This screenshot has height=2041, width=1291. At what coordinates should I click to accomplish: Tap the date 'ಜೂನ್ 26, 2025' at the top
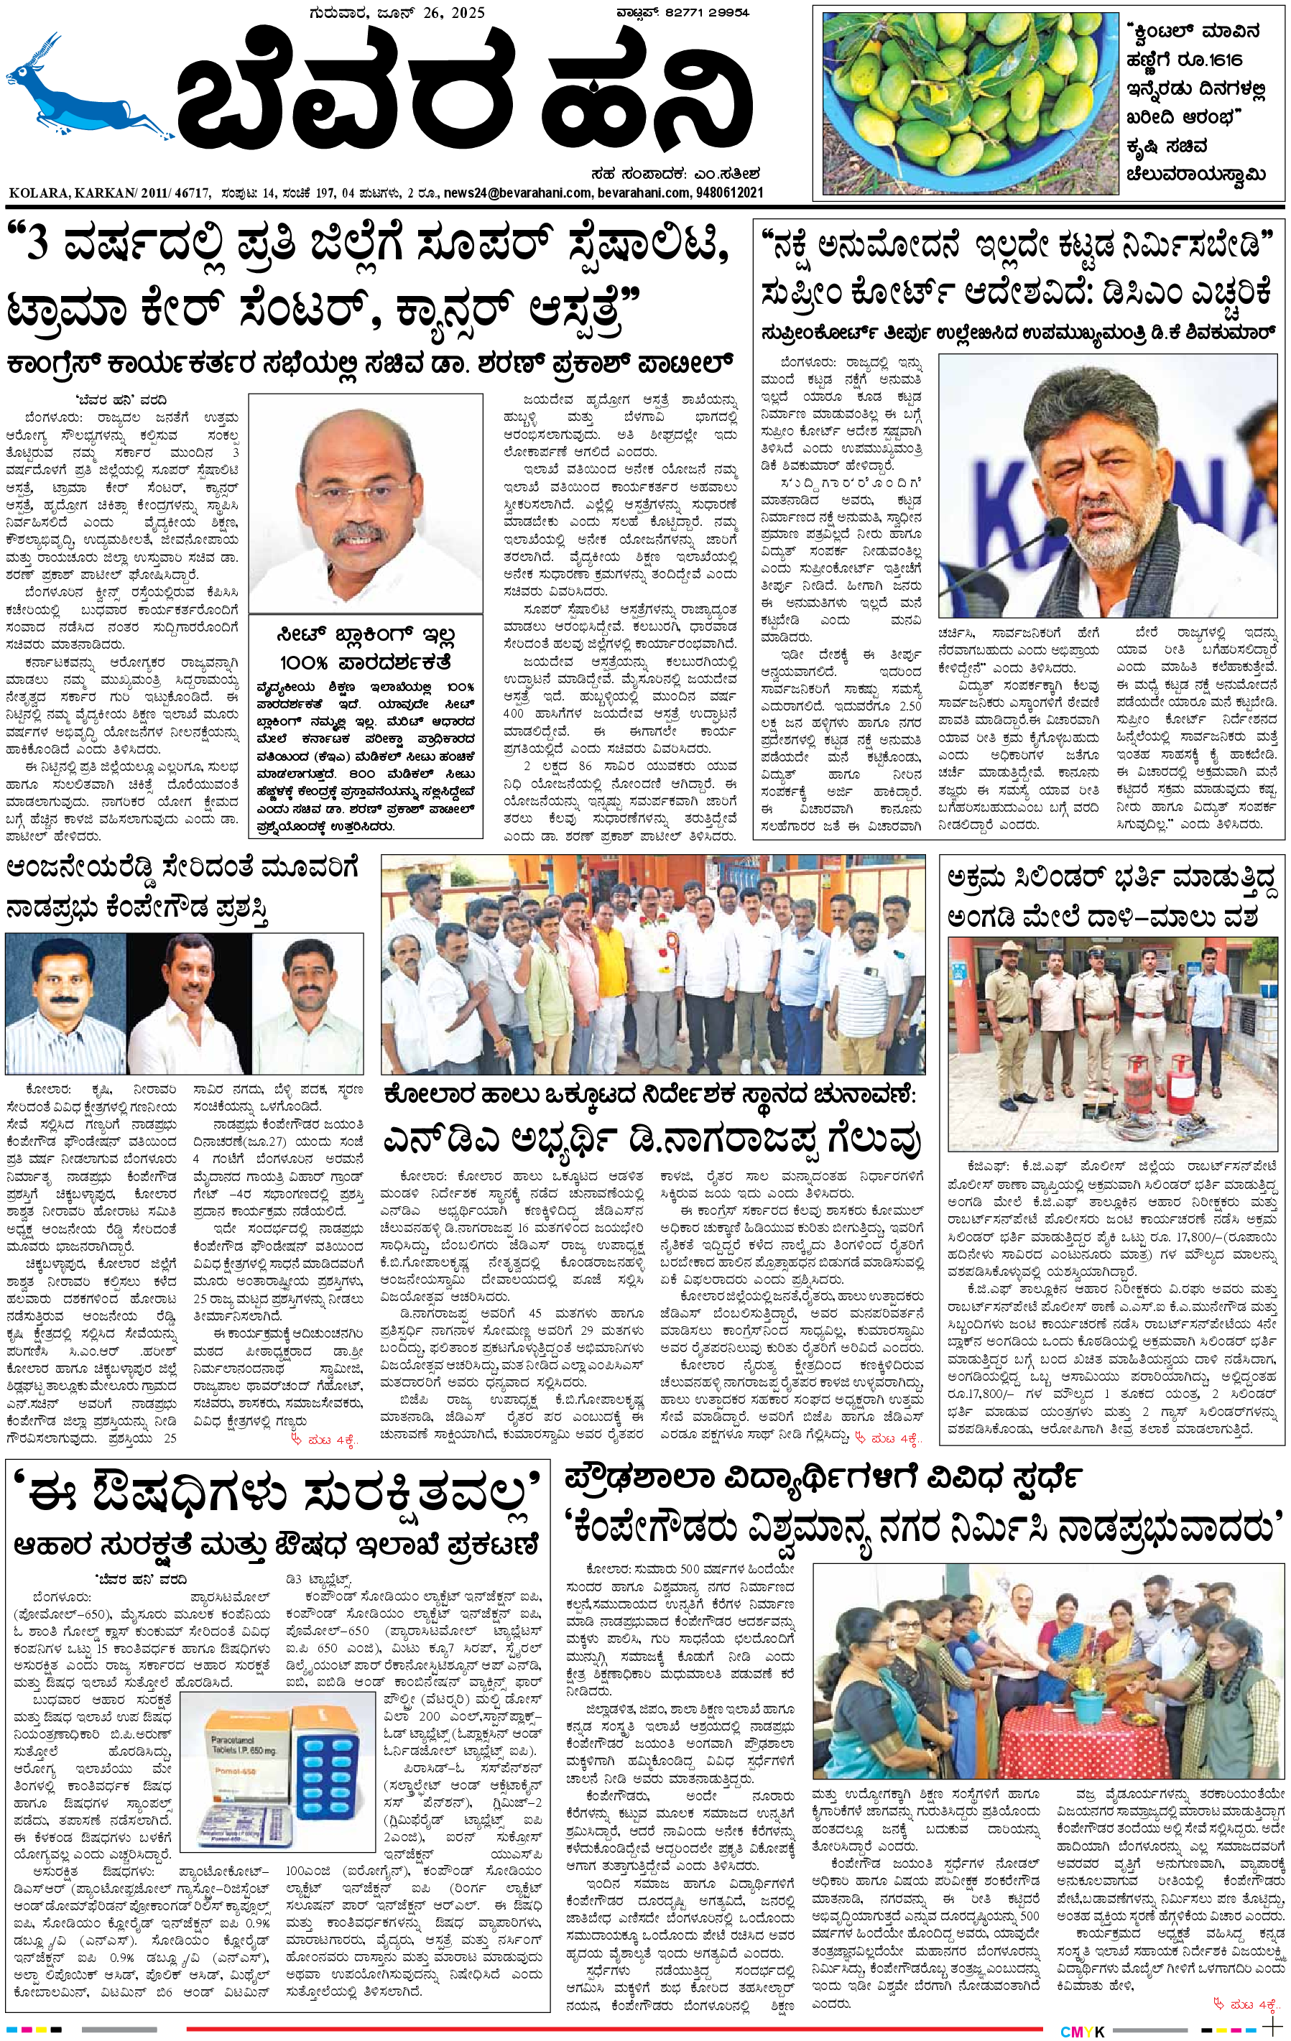432,12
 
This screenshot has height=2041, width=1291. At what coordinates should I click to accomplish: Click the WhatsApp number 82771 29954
707,12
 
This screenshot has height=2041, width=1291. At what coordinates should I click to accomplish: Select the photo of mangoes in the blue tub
970,102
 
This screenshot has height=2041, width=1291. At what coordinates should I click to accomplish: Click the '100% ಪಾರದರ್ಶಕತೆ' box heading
366,662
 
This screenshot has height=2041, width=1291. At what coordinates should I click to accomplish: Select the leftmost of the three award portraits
65,1004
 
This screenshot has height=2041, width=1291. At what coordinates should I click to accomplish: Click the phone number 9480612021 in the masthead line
729,193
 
